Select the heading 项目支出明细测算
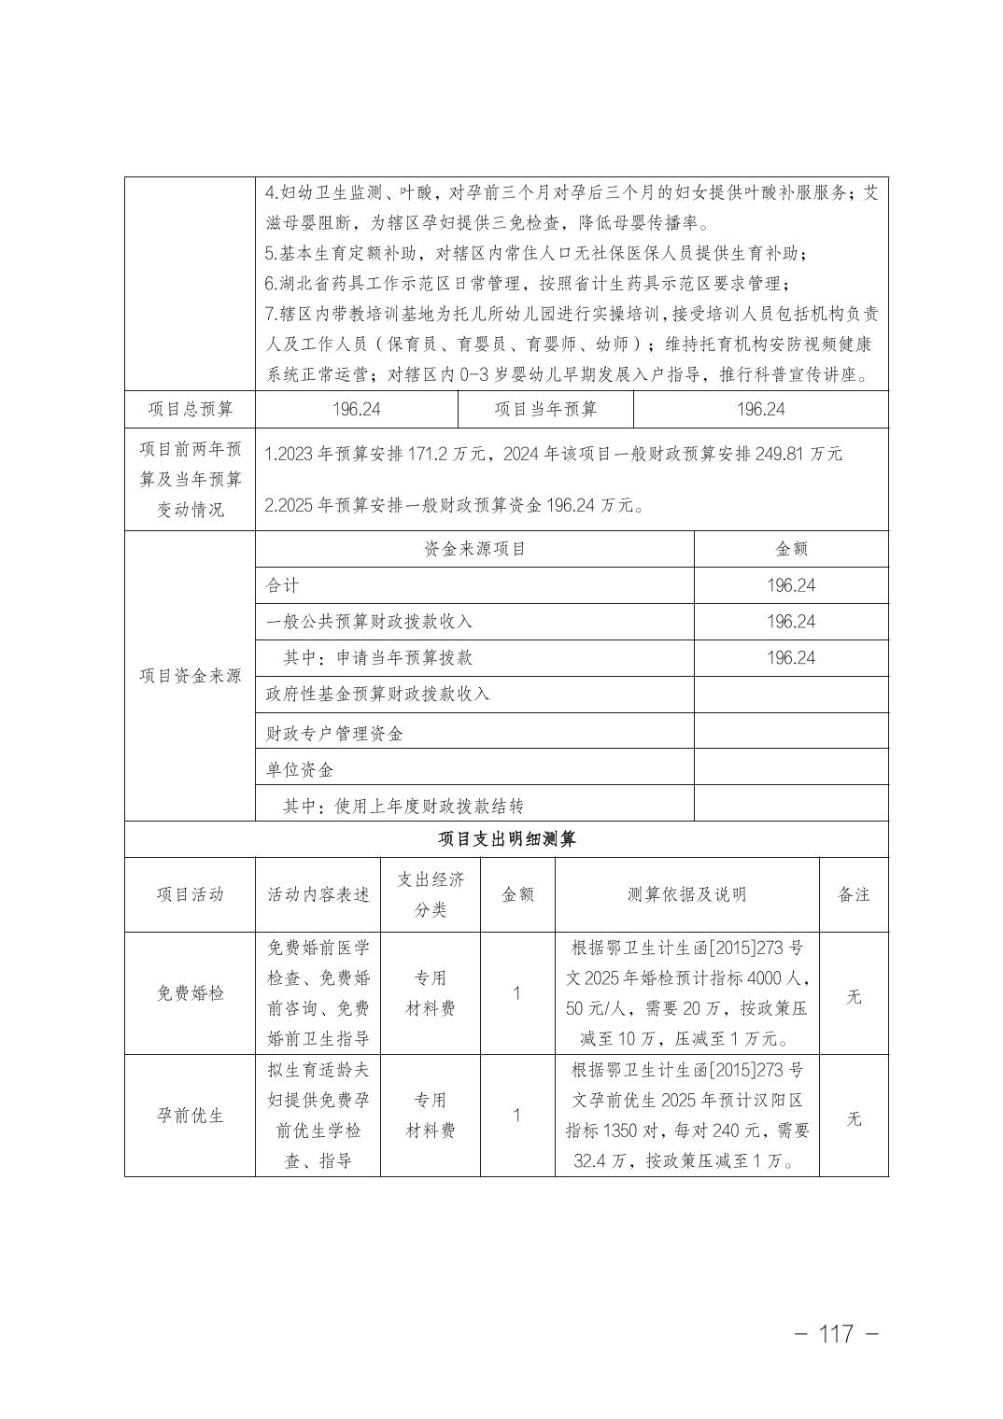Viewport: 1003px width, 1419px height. pos(507,839)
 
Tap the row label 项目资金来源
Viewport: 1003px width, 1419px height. pos(190,676)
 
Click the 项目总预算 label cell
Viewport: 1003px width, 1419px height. pos(190,409)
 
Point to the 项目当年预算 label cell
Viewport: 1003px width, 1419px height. pos(545,409)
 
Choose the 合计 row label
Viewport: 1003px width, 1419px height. pos(282,585)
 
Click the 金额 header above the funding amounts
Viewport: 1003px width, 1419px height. pos(791,549)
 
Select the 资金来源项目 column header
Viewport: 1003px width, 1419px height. pos(474,549)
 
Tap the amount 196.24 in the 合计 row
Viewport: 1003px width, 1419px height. pos(791,585)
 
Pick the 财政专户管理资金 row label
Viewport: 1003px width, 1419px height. pos(334,734)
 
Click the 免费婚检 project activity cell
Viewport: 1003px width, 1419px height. pos(190,993)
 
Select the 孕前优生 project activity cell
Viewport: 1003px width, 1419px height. pos(190,1116)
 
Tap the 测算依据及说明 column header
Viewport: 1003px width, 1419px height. pos(686,894)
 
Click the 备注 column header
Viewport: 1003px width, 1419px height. pos(854,894)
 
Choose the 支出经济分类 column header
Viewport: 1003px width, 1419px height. pos(431,894)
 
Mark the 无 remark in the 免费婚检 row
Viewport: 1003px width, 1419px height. pos(854,996)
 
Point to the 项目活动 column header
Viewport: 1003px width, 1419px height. pos(190,894)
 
